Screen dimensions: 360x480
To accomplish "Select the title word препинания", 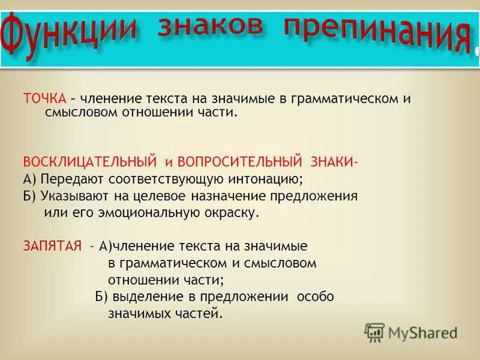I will pyautogui.click(x=376, y=34).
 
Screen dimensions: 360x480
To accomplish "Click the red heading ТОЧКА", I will pyautogui.click(x=44, y=99).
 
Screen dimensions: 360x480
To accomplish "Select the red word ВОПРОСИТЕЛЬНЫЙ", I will pyautogui.click(x=239, y=163).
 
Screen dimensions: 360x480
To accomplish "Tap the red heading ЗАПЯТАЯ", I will pyautogui.click(x=52, y=246).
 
